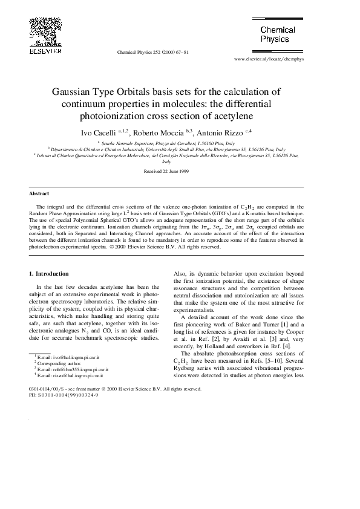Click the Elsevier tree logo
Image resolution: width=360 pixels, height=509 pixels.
(42, 31)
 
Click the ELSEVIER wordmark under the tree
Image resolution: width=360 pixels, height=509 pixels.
(42, 52)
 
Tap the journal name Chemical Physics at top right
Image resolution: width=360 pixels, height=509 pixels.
(278, 34)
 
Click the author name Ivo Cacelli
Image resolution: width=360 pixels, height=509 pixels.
(95, 131)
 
